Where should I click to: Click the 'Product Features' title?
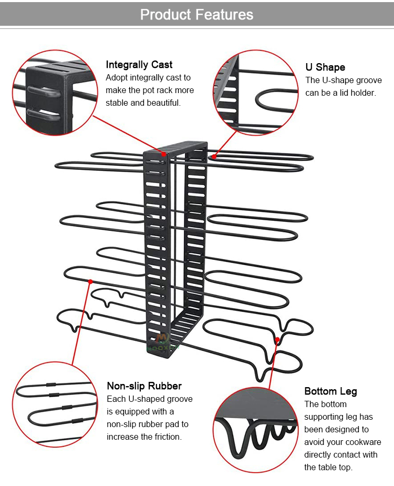tap(196, 14)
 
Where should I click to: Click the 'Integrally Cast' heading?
tap(139, 65)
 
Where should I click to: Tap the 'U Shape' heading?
tap(325, 67)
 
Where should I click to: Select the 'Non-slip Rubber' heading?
tap(144, 386)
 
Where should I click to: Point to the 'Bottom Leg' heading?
tap(330, 391)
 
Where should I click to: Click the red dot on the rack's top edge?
tap(164, 154)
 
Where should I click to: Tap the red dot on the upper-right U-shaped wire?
tap(214, 156)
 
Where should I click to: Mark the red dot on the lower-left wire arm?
tap(90, 281)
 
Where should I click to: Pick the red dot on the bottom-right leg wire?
tap(277, 340)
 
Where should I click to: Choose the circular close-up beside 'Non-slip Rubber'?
tap(54, 404)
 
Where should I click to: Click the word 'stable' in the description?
tap(118, 103)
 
